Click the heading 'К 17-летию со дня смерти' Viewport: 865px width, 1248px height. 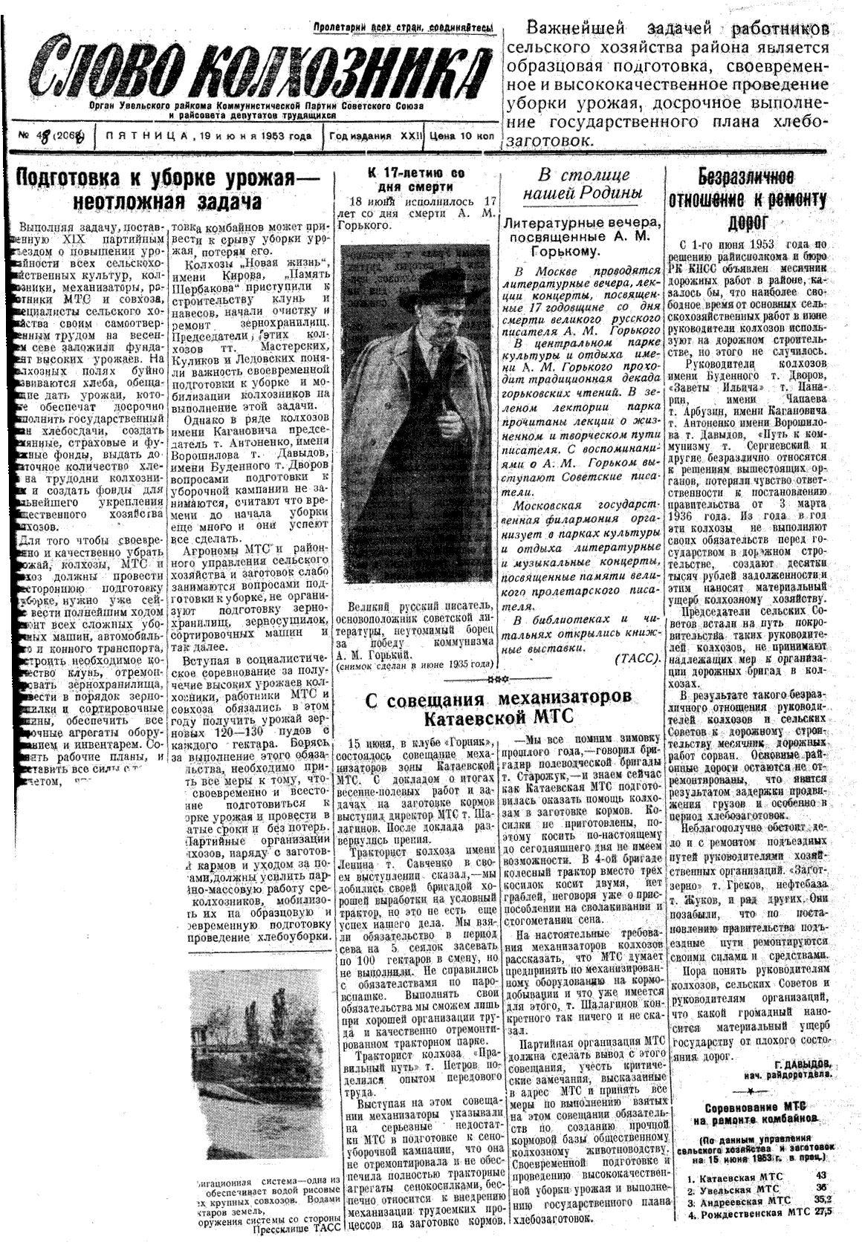click(416, 179)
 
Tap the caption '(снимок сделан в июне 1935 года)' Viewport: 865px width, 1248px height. click(415, 666)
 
